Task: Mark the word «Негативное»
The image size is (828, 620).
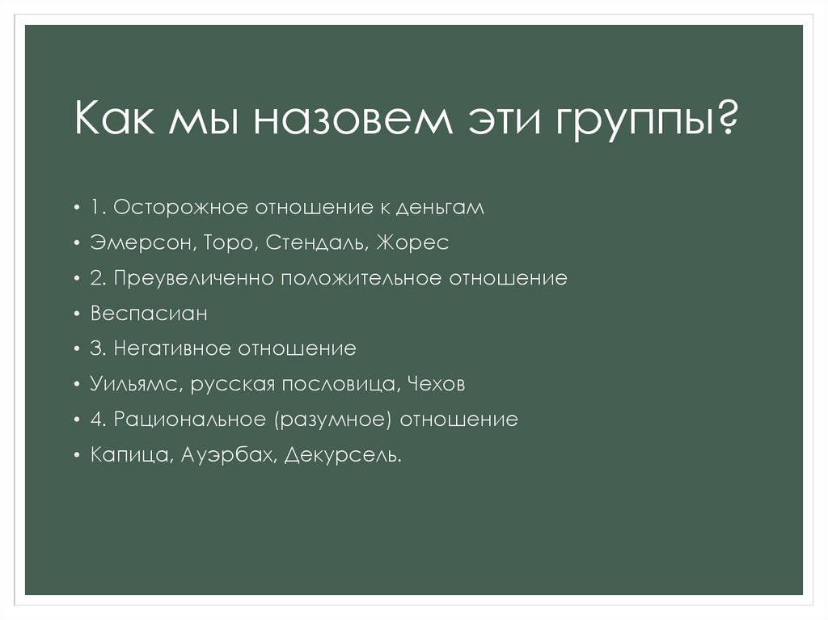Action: click(171, 349)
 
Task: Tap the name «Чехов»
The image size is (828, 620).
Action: click(437, 385)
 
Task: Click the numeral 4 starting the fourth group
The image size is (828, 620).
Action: click(95, 420)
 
